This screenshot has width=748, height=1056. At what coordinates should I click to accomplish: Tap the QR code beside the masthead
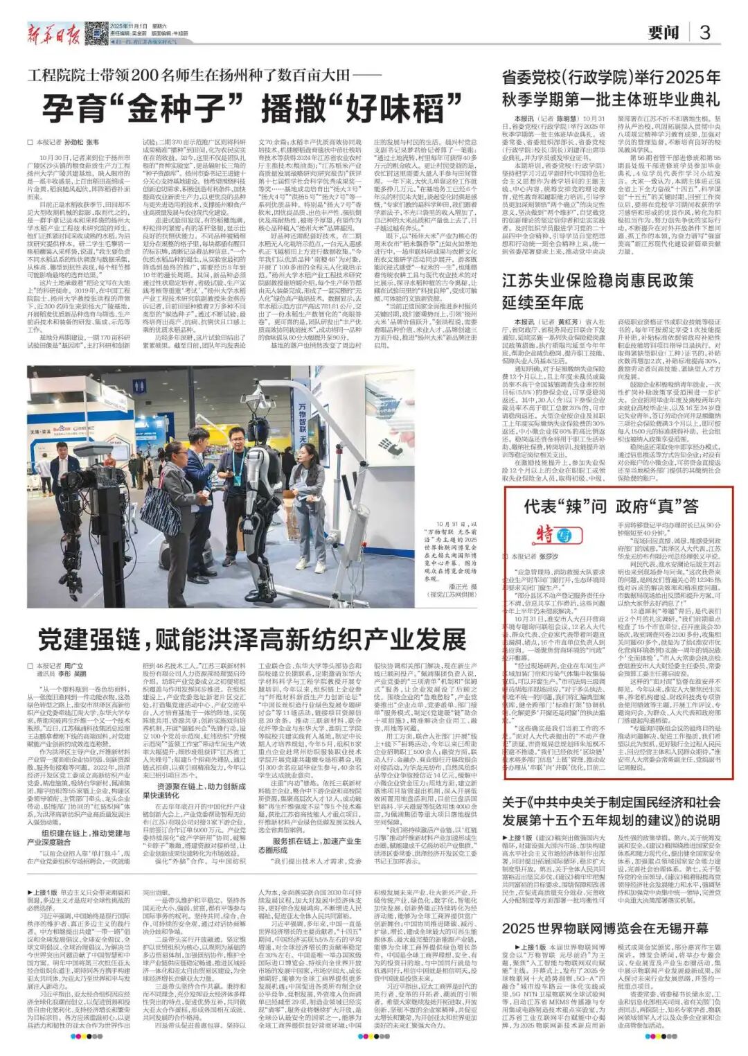click(x=97, y=30)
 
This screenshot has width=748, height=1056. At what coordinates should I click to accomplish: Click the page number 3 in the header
click(x=704, y=32)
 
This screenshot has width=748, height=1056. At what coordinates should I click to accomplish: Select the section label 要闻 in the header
click(x=663, y=33)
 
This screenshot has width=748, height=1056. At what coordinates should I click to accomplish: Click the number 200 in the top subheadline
click(x=150, y=74)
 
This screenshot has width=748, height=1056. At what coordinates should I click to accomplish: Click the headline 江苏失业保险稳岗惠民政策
click(x=598, y=281)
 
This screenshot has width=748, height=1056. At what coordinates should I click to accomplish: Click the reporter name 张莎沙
click(x=549, y=556)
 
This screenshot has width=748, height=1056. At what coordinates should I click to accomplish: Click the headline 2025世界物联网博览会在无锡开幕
click(x=605, y=929)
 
